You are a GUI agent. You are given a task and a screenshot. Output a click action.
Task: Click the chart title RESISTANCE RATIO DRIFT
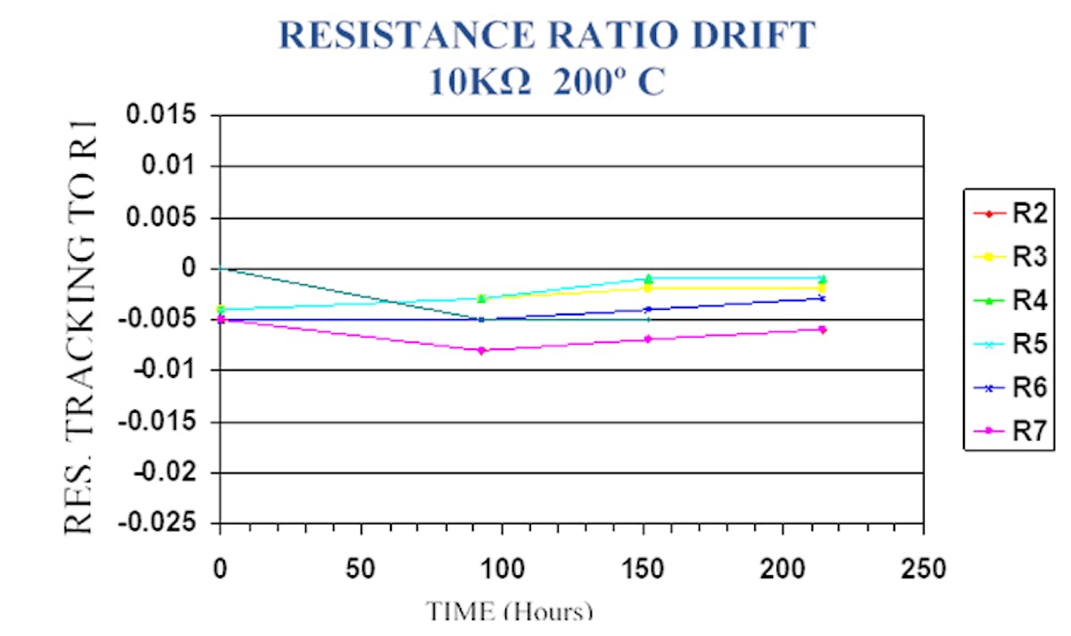(548, 37)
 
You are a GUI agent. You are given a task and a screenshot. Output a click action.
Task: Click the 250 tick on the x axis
(923, 568)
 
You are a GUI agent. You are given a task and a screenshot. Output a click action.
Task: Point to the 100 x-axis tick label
(502, 568)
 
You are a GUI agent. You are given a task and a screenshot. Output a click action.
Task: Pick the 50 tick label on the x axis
(361, 568)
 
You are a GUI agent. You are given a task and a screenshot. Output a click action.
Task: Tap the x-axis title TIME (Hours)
(509, 612)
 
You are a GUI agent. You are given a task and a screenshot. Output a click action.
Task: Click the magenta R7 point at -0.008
(482, 350)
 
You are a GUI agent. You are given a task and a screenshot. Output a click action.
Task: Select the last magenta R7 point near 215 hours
(822, 330)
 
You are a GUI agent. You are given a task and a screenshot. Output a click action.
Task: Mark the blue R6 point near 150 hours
(648, 310)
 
